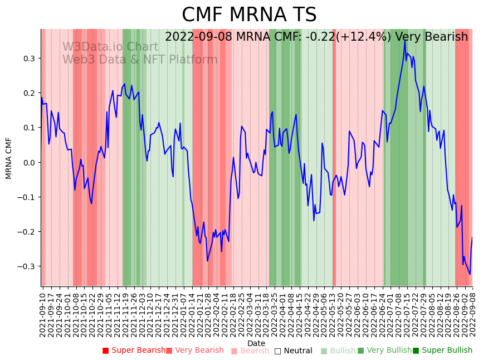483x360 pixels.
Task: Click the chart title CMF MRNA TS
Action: coord(249,15)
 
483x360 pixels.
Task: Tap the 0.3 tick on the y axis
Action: coord(29,59)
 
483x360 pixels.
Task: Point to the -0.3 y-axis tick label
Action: coord(27,266)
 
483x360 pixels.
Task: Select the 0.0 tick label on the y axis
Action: coord(29,163)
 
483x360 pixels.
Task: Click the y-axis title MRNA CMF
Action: coord(9,158)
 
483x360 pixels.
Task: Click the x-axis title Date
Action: coord(256,343)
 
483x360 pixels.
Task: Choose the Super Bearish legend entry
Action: coord(134,351)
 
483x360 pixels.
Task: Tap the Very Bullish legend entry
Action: coord(385,351)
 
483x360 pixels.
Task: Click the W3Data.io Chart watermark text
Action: coord(110,47)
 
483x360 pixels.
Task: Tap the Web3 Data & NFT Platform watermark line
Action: coord(140,60)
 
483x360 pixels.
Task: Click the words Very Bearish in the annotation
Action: coord(431,37)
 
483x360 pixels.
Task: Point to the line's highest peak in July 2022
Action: coord(404,41)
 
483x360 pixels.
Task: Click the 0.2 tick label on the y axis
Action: coord(29,93)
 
